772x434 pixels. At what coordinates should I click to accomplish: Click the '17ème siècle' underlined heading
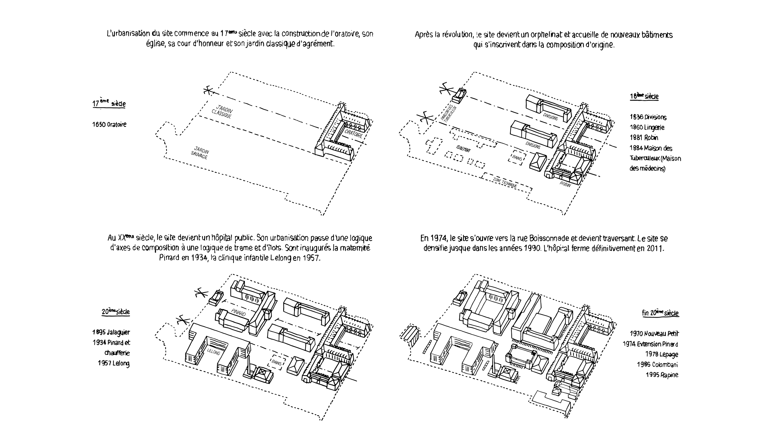click(x=109, y=103)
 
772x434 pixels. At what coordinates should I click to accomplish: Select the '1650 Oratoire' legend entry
click(x=109, y=124)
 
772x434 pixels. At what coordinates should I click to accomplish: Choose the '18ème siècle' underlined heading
click(x=644, y=96)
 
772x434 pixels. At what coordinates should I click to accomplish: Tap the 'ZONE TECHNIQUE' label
click(x=505, y=183)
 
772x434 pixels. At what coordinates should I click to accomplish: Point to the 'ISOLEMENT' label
click(x=464, y=149)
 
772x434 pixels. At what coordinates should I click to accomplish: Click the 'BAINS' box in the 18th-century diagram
click(x=517, y=157)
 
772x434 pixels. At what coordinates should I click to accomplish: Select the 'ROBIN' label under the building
click(x=565, y=184)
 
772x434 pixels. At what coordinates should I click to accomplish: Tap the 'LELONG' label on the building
click(x=213, y=351)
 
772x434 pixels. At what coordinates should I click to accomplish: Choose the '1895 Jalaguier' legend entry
click(x=111, y=332)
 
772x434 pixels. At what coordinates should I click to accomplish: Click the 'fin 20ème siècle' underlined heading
click(x=660, y=313)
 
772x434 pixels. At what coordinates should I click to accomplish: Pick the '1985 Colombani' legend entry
click(x=657, y=365)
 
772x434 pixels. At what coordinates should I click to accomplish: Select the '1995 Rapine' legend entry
click(x=662, y=375)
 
